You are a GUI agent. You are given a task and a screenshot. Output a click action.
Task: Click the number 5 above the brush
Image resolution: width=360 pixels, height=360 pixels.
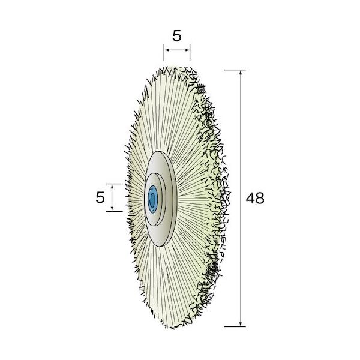[177, 36]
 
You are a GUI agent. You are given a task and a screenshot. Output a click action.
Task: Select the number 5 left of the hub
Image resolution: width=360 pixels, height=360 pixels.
[100, 197]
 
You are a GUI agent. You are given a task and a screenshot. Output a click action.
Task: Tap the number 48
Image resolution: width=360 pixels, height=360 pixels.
[255, 198]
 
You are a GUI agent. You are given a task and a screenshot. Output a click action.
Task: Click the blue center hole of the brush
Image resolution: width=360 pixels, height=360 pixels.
[152, 199]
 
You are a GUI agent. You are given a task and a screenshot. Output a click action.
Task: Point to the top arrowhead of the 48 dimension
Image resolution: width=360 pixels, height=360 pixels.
[241, 73]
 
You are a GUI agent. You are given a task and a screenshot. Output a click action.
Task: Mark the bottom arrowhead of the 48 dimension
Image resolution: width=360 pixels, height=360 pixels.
[241, 324]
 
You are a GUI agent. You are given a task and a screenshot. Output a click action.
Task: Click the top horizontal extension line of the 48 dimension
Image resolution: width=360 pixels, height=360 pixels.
[235, 70]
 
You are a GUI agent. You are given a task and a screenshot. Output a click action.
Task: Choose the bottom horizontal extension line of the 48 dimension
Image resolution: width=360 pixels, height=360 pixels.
[235, 326]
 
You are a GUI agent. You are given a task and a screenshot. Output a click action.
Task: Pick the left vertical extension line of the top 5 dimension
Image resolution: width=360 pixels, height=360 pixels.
[164, 52]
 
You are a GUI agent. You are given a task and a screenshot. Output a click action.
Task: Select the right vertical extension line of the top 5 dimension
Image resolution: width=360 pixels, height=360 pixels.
[190, 52]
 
